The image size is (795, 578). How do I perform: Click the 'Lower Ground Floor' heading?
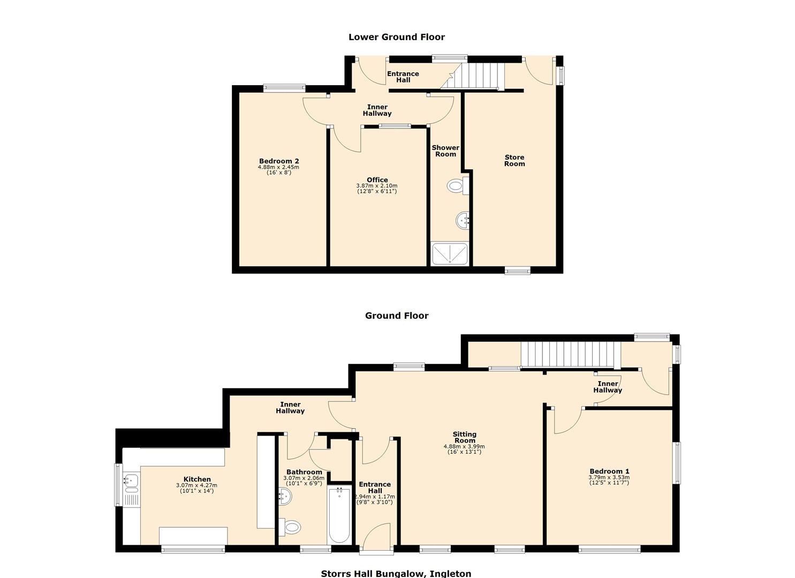396,37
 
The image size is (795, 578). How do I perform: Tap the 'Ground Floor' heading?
397,316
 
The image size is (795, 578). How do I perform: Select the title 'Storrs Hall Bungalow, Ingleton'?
396,573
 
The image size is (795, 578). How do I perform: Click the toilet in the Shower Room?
457,186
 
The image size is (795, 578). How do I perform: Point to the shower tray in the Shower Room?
450,254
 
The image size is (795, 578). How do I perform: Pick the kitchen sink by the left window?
131,480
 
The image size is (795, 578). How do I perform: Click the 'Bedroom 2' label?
279,161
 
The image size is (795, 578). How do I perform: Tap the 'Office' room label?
377,180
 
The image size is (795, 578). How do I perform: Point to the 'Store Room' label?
514,161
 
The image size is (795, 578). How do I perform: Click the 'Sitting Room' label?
464,438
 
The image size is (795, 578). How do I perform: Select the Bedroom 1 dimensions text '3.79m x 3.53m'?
609,477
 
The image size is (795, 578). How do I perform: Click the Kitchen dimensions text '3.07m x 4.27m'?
196,485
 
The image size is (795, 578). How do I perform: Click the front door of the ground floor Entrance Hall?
376,536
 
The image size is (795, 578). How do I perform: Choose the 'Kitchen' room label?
197,479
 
